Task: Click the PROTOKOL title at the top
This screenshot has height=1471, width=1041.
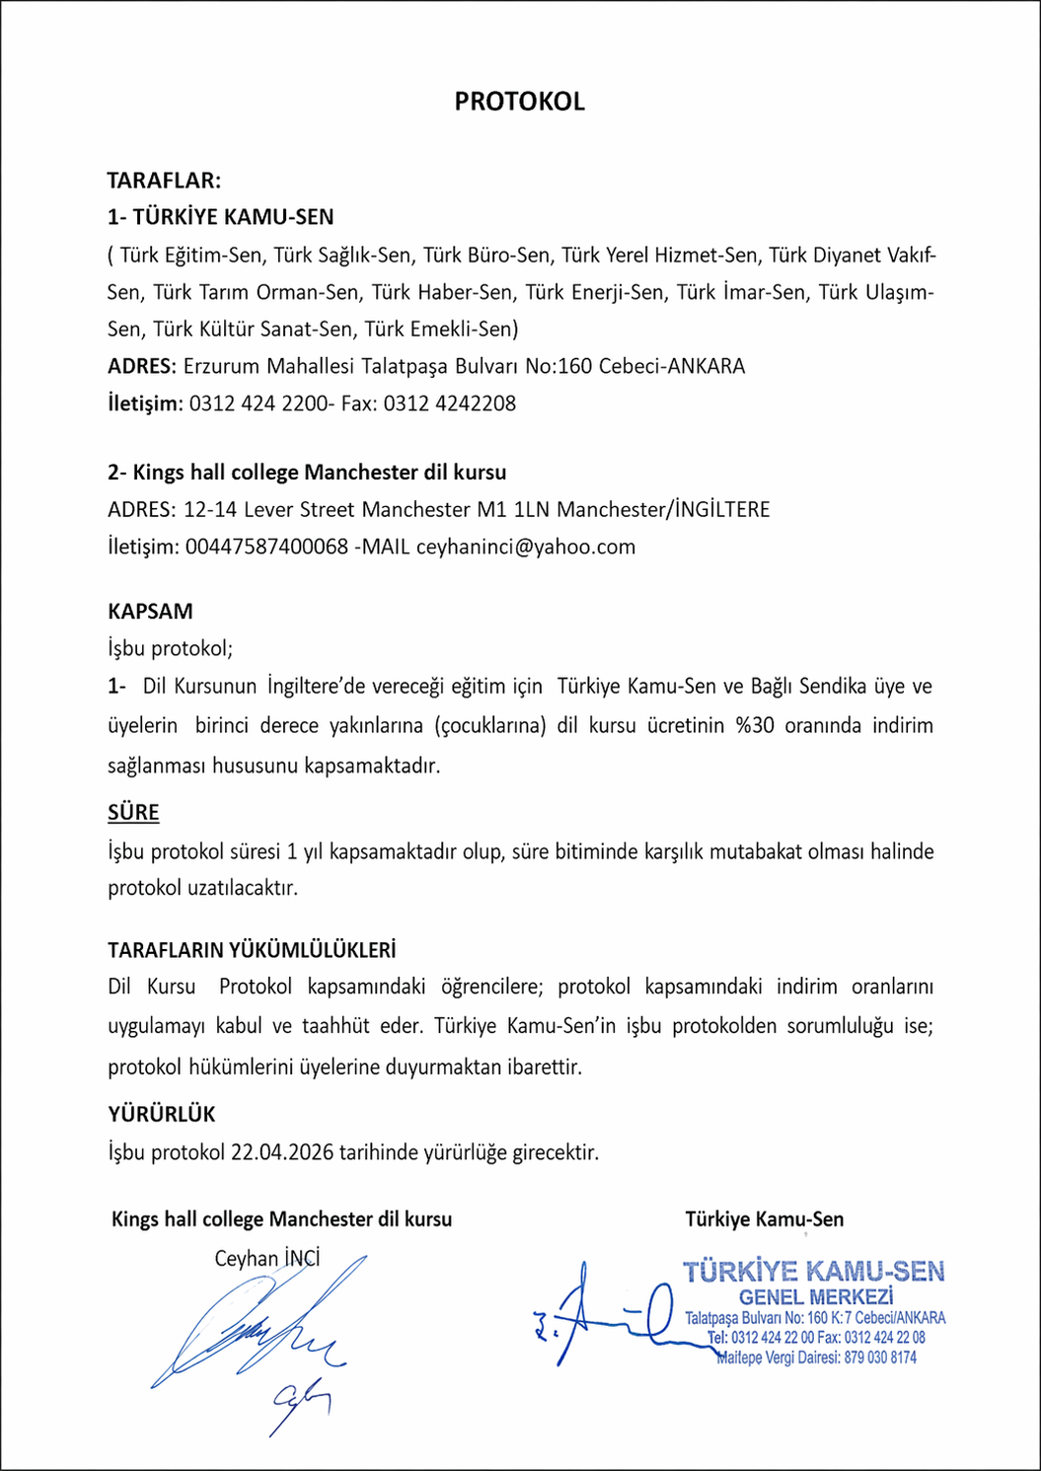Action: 519,102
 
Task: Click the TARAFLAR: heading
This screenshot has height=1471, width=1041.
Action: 164,181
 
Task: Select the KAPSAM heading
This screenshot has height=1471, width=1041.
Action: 150,612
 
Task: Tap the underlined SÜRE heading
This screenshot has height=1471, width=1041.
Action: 133,813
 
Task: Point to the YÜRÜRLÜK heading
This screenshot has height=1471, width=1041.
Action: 162,1115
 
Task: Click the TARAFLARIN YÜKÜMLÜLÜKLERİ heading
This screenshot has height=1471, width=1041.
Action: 252,951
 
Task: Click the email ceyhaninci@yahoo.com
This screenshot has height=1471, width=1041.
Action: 526,548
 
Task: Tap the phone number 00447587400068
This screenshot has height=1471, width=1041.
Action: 266,548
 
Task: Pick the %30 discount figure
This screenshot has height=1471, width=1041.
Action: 755,726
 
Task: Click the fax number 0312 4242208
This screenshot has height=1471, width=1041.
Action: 450,404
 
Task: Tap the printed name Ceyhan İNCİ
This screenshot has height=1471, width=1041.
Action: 267,1259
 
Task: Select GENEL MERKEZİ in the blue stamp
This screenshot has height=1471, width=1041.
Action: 816,1297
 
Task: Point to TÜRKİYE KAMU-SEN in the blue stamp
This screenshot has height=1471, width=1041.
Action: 814,1272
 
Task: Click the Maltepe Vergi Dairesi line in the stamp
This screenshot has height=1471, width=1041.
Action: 817,1359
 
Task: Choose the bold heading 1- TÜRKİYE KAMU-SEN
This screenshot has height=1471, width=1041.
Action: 221,217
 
